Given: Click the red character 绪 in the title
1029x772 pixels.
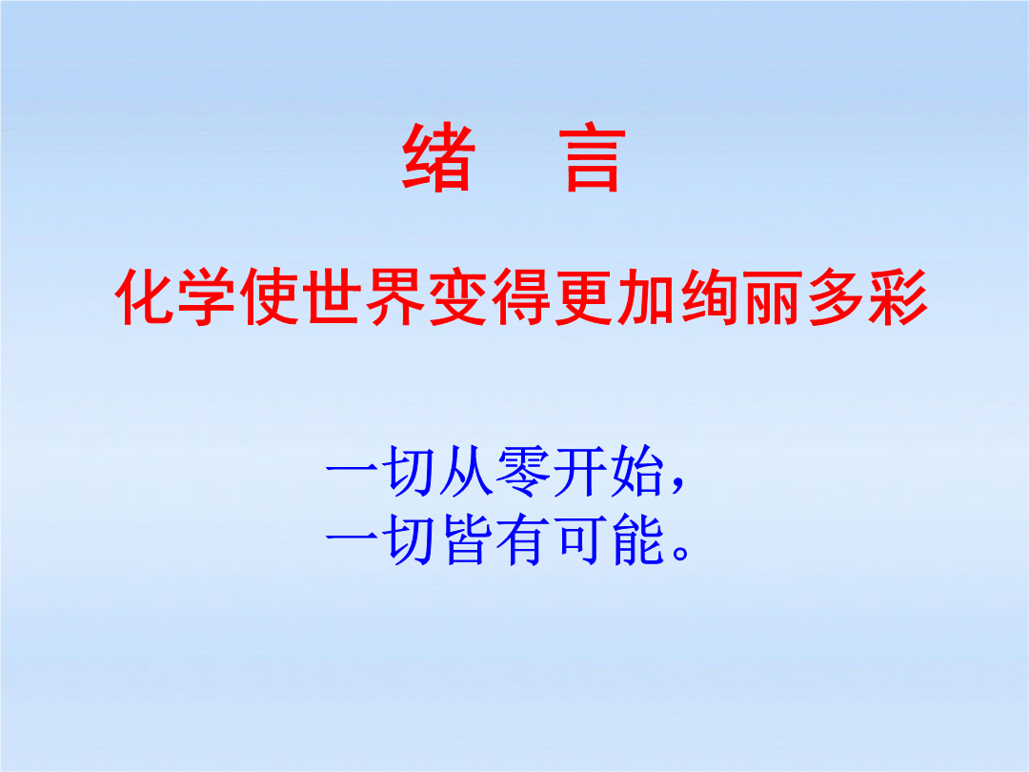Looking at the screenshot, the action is click(438, 157).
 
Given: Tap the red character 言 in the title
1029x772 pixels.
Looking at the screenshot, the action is click(593, 158).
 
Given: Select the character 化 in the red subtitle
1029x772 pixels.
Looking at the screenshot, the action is click(145, 296).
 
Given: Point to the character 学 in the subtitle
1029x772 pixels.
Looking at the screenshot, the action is click(208, 296).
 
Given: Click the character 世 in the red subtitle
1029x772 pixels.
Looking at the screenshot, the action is click(333, 296).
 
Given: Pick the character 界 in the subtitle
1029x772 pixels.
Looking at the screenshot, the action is click(395, 296).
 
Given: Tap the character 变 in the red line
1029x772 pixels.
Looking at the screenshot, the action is click(458, 296).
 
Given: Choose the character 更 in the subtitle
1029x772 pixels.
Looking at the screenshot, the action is click(583, 296).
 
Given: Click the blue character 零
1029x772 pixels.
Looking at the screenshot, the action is click(523, 470).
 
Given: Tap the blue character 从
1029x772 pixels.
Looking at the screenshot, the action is click(467, 470).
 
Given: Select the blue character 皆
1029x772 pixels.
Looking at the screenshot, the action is click(467, 539).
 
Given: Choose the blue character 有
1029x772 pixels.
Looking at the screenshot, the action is click(523, 539).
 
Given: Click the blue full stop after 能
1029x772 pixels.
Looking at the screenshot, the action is click(680, 554).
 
